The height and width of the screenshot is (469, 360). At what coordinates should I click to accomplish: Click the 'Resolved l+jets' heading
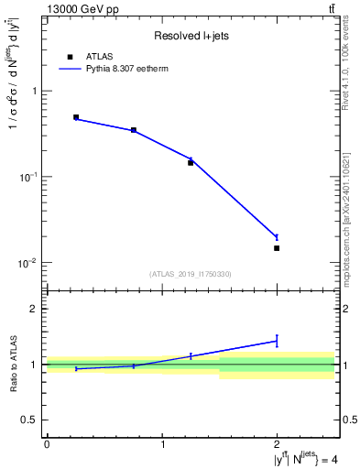(191, 36)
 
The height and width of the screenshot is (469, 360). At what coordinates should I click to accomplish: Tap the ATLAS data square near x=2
(277, 248)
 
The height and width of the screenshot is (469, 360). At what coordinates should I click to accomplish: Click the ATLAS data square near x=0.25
(76, 117)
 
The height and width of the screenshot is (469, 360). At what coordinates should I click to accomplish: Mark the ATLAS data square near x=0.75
(134, 130)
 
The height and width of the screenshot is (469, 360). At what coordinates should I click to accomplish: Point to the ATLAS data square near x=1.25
(191, 162)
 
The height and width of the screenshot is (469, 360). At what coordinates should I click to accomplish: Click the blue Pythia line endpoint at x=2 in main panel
(277, 237)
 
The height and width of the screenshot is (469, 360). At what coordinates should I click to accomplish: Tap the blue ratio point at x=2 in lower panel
(277, 341)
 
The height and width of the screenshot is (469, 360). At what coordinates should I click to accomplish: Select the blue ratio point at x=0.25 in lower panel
(76, 368)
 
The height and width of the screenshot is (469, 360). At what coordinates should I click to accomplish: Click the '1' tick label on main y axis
(34, 91)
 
